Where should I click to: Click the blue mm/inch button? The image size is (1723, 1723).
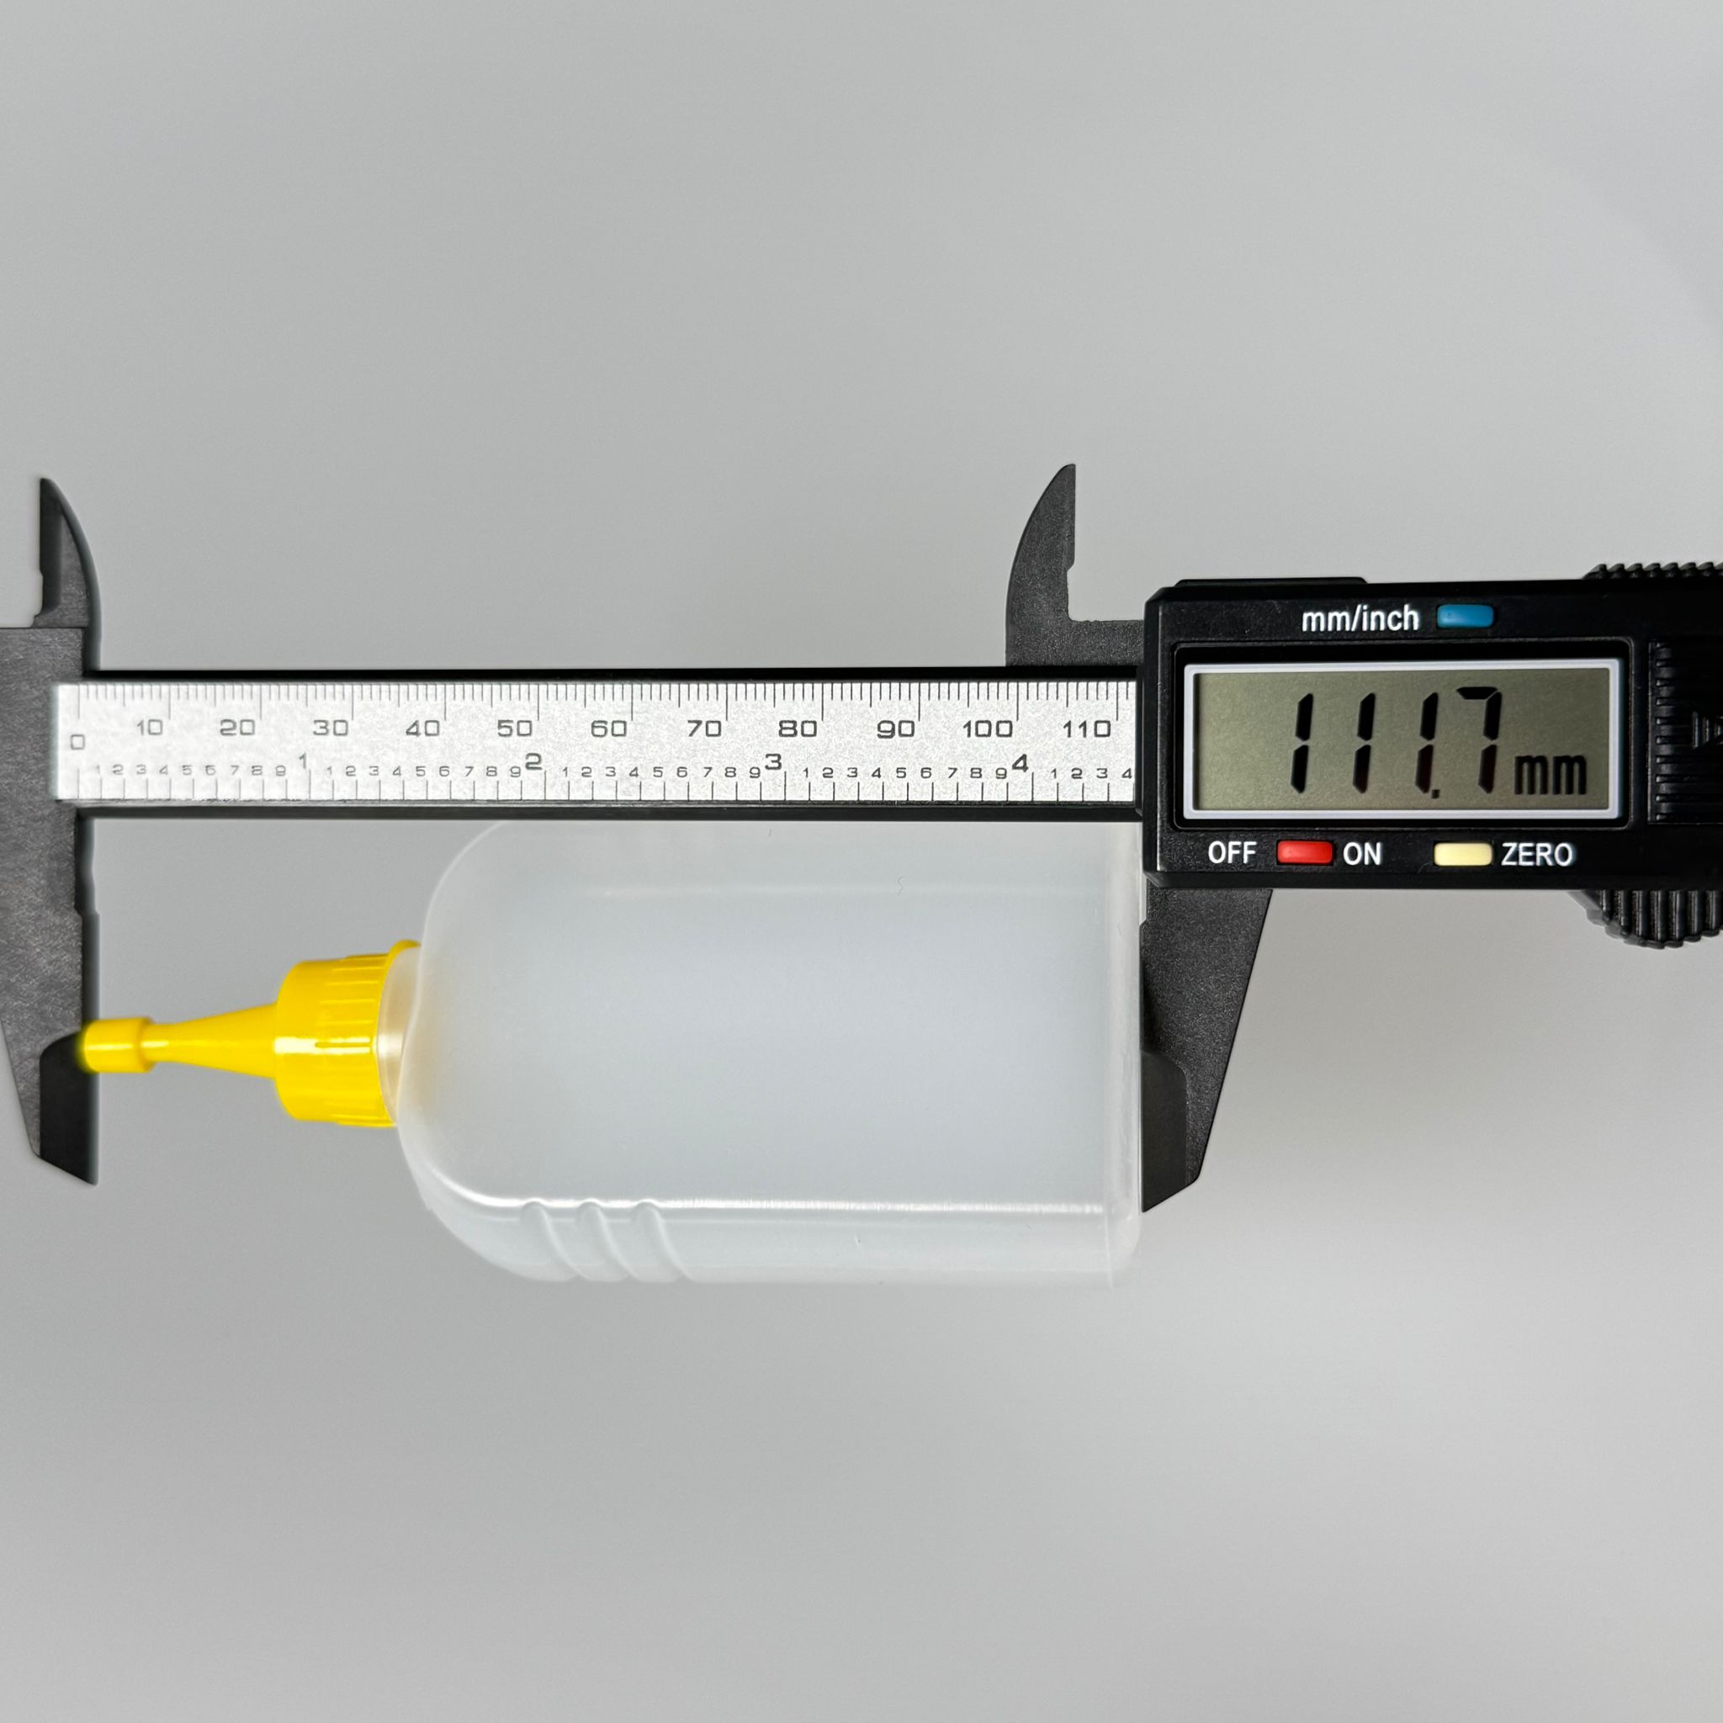pos(1466,615)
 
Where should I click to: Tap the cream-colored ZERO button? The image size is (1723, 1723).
pos(1462,855)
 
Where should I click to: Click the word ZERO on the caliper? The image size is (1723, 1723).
pos(1536,855)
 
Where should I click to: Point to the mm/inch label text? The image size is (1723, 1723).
pos(1360,618)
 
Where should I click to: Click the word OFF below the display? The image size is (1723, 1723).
pos(1232,852)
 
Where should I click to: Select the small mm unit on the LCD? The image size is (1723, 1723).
pos(1550,773)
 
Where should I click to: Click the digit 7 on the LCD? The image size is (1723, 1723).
pos(1476,740)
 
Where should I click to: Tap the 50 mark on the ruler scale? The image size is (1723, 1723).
pos(515,728)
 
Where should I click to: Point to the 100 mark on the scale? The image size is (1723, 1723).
pos(987,729)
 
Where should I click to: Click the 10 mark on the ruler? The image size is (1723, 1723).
pos(149,727)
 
